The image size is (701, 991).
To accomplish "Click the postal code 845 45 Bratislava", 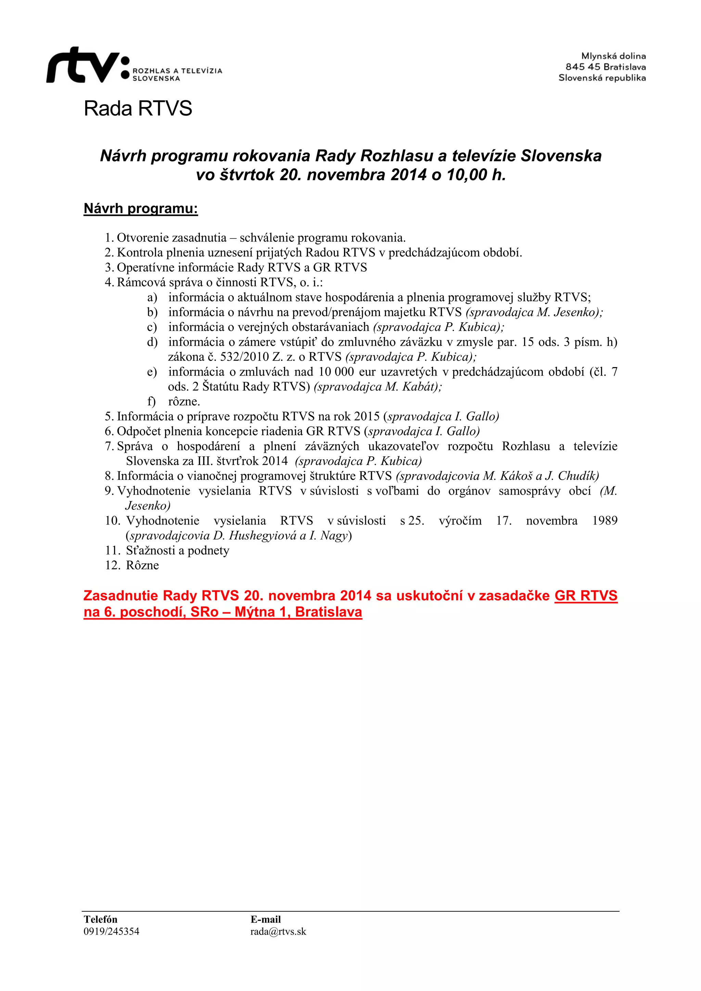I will click(606, 67).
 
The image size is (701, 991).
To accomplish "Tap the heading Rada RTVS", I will click(138, 108).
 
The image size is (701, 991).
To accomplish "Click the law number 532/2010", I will click(245, 357).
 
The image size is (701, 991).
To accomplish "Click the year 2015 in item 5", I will click(366, 417).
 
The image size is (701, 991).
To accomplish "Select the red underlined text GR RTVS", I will click(586, 596).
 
